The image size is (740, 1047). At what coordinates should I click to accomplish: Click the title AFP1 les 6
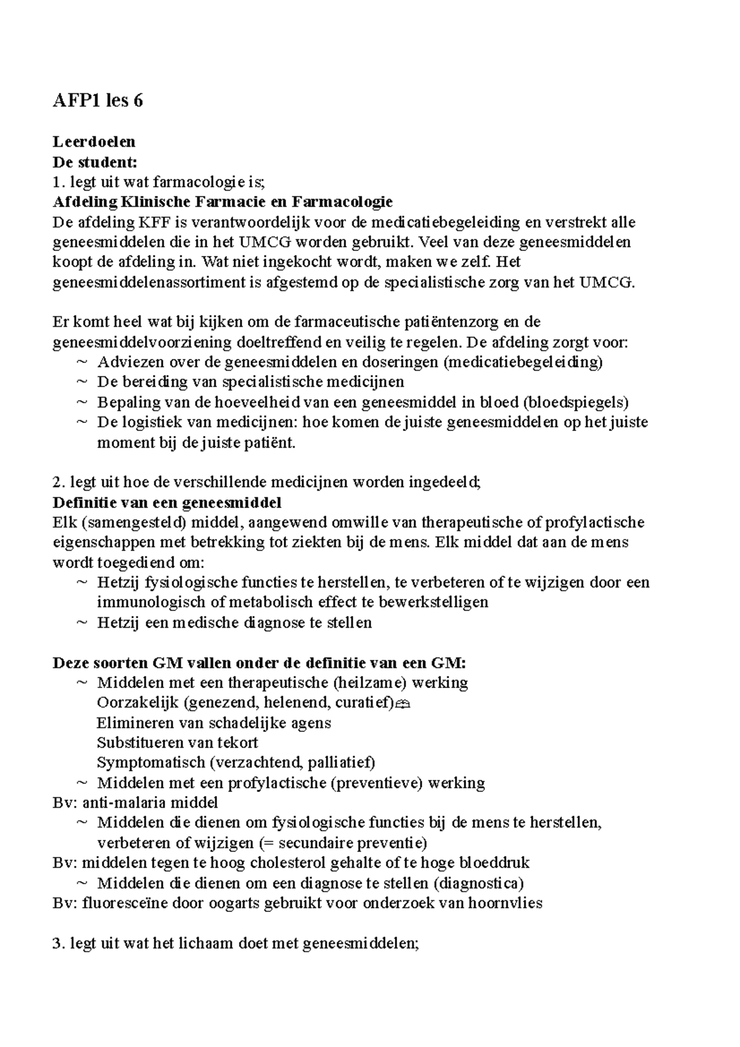(97, 100)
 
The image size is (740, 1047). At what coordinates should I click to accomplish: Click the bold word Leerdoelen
(94, 142)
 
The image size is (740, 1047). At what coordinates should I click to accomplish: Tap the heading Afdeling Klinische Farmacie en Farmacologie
(223, 202)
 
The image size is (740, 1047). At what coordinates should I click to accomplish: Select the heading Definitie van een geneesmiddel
(166, 503)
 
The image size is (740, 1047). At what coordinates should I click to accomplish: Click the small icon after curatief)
(403, 704)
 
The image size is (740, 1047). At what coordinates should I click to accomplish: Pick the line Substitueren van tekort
(177, 743)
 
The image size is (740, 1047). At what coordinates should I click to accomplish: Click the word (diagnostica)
(479, 883)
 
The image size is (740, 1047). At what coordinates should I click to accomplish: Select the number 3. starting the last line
(59, 943)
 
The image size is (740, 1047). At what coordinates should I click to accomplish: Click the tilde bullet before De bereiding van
(82, 382)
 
